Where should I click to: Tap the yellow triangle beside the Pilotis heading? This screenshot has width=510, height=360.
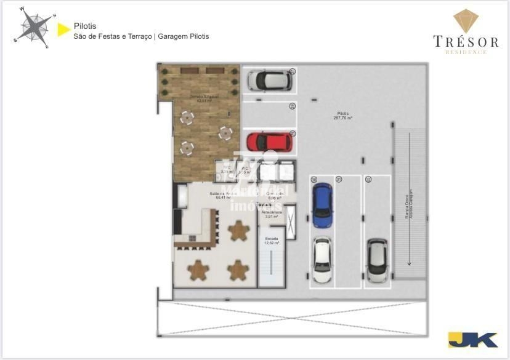[62, 29]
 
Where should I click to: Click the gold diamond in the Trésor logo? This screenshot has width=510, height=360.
[466, 21]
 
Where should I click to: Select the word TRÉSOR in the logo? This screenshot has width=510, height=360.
[466, 42]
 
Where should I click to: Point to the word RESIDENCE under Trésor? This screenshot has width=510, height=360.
[466, 52]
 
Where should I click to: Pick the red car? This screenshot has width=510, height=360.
[269, 142]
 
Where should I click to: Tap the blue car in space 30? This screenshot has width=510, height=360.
[322, 206]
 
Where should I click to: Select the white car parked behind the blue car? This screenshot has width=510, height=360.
[322, 259]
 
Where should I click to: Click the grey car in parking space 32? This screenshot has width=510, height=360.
[376, 259]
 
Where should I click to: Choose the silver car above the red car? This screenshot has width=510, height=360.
[269, 80]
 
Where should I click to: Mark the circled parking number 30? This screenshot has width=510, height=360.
[314, 180]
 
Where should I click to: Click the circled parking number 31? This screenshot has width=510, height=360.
[339, 180]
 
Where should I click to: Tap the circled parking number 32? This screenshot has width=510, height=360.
[368, 180]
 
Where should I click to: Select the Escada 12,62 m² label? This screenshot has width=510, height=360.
[272, 241]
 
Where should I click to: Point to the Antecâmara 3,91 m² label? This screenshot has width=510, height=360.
[272, 214]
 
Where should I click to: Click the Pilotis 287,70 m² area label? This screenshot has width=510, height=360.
[343, 116]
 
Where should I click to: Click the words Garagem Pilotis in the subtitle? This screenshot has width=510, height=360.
[184, 36]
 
